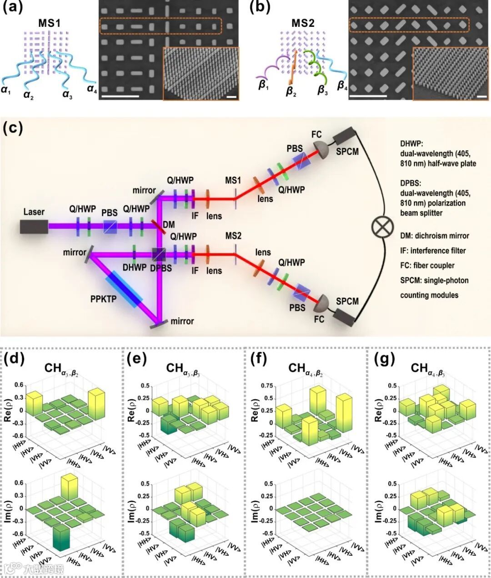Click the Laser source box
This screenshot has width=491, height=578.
point(34,226)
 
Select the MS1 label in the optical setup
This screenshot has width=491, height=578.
point(233,181)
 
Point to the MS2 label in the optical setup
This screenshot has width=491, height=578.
point(233,236)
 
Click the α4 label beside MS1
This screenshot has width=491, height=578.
point(92,90)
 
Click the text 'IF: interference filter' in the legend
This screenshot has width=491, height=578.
point(433,251)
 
